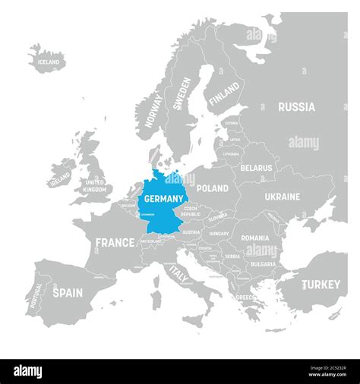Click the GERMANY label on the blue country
[x=161, y=199]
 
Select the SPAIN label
[x=67, y=291]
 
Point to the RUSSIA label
[x=296, y=107]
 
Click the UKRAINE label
[x=282, y=197]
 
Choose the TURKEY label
[x=322, y=285]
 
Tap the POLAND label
[x=212, y=188]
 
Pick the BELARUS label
[x=257, y=167]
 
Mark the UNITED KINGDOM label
[x=95, y=186]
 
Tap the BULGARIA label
[x=262, y=264]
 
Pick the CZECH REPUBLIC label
[x=191, y=211]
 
